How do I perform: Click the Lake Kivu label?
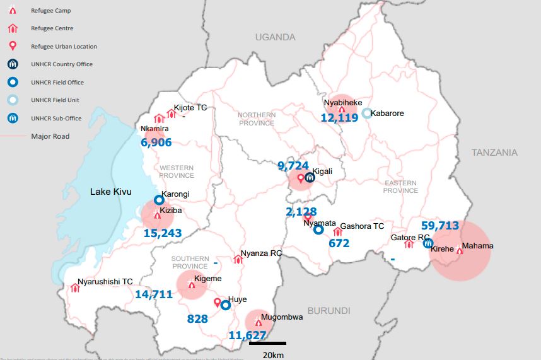110,192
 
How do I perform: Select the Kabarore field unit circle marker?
367,113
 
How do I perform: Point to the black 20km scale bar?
267,344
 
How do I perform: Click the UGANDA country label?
275,37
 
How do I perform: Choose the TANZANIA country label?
494,153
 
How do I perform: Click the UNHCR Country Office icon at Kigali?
310,178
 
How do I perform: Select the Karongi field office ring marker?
159,200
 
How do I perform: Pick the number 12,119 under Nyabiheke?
339,117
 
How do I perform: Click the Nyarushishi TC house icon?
75,288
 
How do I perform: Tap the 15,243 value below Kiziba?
163,233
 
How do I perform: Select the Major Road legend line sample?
14,136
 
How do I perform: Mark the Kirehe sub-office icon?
428,243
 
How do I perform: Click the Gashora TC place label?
362,226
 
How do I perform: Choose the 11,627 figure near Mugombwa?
247,335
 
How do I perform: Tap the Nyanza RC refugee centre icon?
238,259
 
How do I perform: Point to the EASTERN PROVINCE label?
400,187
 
